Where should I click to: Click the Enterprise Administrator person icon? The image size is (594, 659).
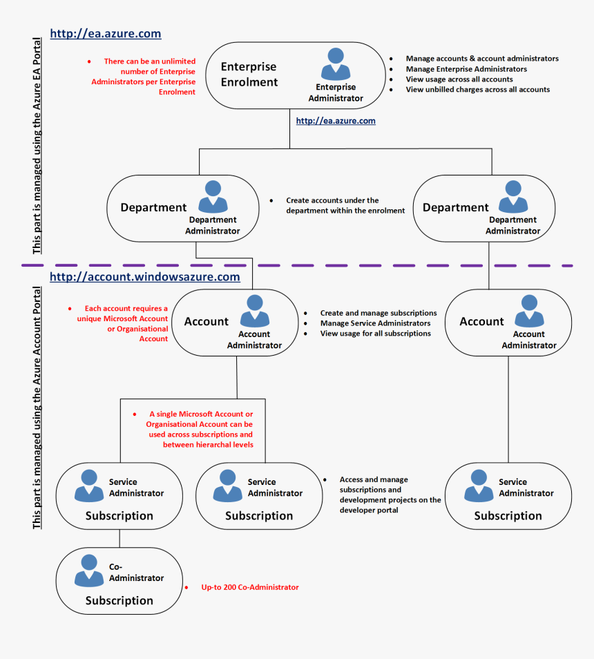click(336, 64)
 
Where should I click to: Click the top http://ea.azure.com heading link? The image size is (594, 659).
click(105, 33)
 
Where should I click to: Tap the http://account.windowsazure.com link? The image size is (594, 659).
click(145, 277)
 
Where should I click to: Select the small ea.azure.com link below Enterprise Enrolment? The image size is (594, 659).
click(336, 121)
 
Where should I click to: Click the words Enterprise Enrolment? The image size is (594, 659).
click(249, 75)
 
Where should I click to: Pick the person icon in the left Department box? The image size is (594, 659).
click(213, 196)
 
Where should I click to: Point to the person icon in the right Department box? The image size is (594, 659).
click(512, 196)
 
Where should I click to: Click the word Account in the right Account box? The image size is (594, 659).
click(481, 322)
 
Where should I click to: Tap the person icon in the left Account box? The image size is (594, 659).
click(254, 311)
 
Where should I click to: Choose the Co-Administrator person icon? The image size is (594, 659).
click(89, 571)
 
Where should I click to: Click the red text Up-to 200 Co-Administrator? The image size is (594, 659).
click(250, 587)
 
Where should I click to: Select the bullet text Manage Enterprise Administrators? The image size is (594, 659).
click(466, 69)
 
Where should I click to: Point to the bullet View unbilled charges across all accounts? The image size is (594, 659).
click(478, 90)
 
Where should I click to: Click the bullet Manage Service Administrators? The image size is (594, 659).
click(375, 323)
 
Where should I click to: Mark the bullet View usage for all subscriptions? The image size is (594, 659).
click(375, 334)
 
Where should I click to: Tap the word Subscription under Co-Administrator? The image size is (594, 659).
click(119, 601)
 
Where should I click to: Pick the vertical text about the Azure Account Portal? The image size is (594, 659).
click(37, 408)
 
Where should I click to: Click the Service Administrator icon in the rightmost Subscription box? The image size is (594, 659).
click(479, 486)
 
